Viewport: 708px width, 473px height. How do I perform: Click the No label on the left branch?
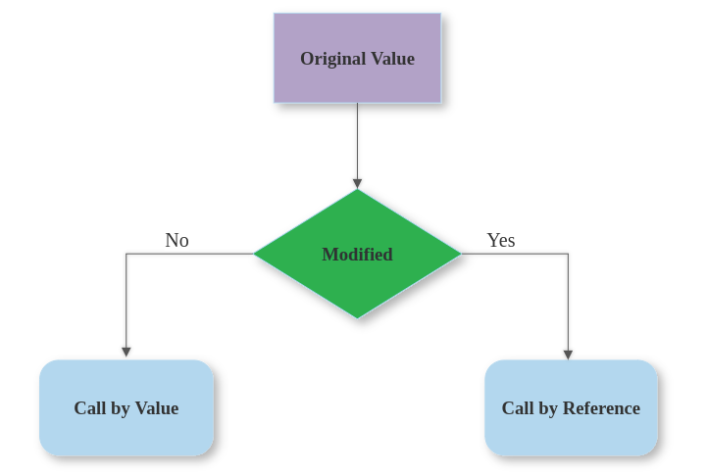pos(177,240)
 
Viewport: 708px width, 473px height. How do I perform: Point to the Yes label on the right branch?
pos(501,240)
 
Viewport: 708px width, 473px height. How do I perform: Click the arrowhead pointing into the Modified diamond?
pos(357,183)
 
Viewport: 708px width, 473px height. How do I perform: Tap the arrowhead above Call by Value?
pos(126,352)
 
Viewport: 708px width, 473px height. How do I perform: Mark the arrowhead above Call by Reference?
pos(568,355)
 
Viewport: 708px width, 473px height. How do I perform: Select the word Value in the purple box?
pos(392,59)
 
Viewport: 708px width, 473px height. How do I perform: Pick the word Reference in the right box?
pos(601,408)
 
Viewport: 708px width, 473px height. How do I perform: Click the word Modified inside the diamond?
pos(357,255)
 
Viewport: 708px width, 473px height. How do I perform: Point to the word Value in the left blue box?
pos(156,408)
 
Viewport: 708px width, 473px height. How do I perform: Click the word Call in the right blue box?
pos(519,408)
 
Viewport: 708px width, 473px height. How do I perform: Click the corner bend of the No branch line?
pos(126,255)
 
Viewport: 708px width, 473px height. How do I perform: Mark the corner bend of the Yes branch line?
pos(568,255)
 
